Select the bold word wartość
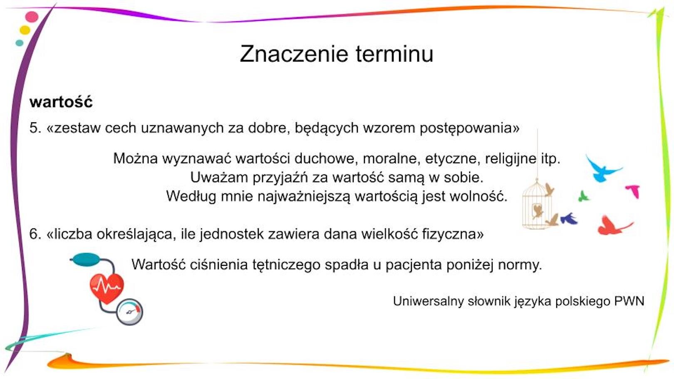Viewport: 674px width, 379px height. click(61, 102)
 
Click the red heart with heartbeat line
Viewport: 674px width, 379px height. click(107, 287)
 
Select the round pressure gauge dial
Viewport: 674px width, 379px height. click(129, 312)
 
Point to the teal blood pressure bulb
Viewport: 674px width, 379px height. click(86, 259)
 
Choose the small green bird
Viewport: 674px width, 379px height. click(583, 196)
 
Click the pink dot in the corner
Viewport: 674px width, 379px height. click(32, 17)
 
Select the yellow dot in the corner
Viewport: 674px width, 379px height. click(25, 30)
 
